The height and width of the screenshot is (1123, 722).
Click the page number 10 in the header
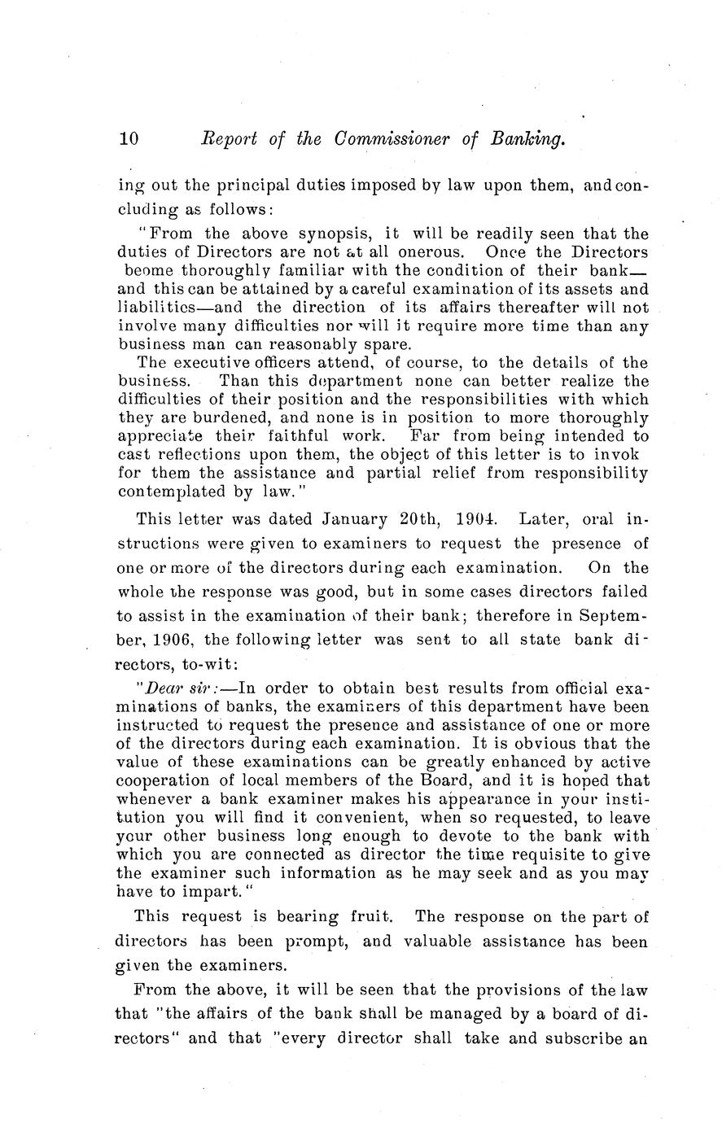(129, 139)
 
